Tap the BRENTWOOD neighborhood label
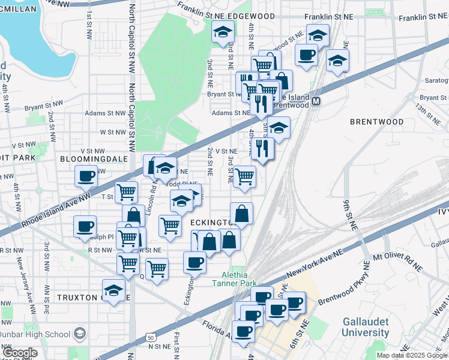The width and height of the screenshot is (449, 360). pyautogui.click(x=377, y=122)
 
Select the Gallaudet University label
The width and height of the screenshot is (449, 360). pyautogui.click(x=366, y=327)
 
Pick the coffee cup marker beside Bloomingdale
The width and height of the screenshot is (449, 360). pyautogui.click(x=85, y=176)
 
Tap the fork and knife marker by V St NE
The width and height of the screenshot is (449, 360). pyautogui.click(x=262, y=149)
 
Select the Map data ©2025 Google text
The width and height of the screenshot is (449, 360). pyautogui.click(x=412, y=355)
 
